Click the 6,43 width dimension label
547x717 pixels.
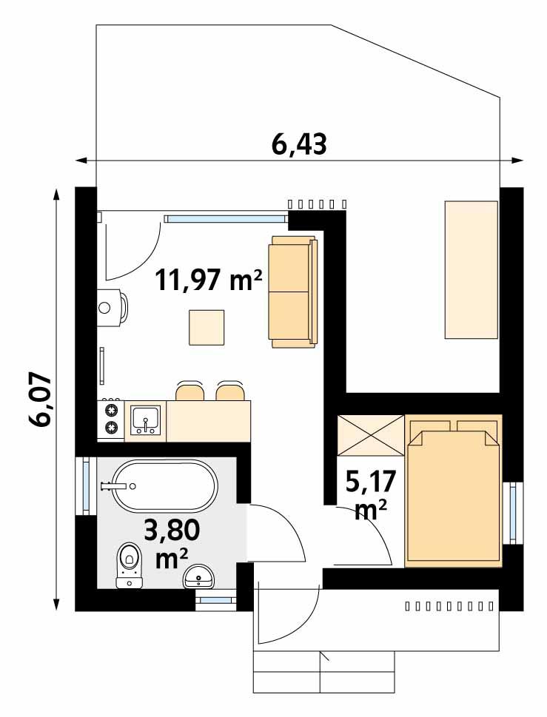[x=299, y=144]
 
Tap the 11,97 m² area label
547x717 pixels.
[x=208, y=280]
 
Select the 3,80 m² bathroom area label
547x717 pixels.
[x=171, y=543]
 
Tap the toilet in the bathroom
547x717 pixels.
[x=130, y=566]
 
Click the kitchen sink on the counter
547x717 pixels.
[x=147, y=420]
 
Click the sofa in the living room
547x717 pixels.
[x=293, y=292]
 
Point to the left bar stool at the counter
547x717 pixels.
[x=189, y=392]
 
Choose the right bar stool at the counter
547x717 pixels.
[x=229, y=392]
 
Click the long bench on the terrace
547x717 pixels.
[x=470, y=269]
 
